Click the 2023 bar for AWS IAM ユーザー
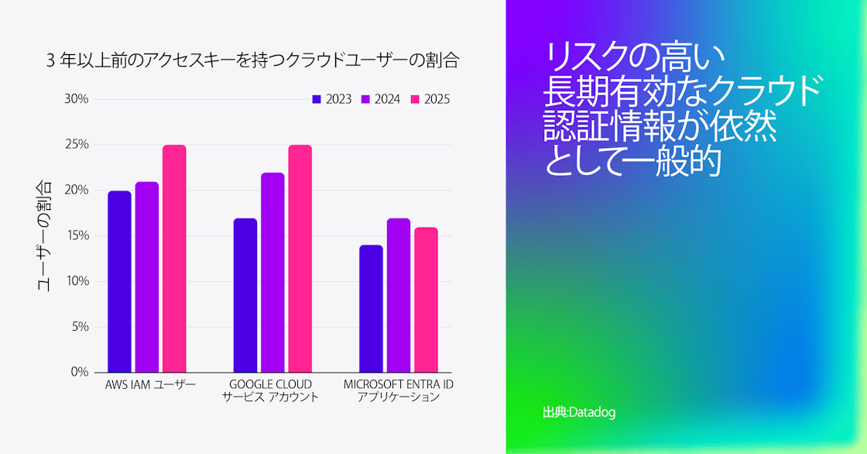point(119,281)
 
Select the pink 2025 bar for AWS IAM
point(174,259)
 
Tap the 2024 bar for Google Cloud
point(272,272)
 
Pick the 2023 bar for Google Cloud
point(245,295)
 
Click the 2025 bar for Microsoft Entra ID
point(426,300)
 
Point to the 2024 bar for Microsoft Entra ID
point(399,295)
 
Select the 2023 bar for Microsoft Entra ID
point(371,308)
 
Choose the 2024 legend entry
point(380,99)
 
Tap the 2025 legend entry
point(430,99)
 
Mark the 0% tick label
point(79,372)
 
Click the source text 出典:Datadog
point(579,412)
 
